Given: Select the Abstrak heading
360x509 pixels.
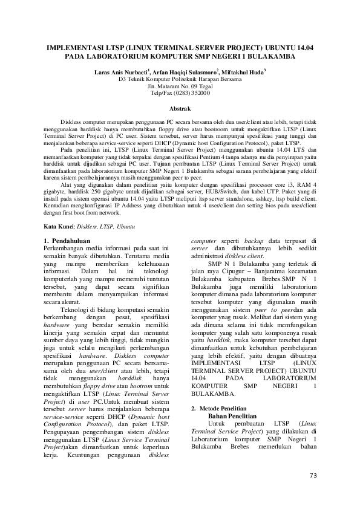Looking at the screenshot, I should tap(180, 108).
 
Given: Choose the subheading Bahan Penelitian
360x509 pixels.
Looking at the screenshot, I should tap(232, 417).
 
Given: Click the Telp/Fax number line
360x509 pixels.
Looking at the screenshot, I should tap(180, 93).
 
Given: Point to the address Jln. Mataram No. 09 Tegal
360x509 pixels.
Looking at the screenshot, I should tap(180, 86).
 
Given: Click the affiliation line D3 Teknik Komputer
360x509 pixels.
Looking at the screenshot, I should tap(180, 79).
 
